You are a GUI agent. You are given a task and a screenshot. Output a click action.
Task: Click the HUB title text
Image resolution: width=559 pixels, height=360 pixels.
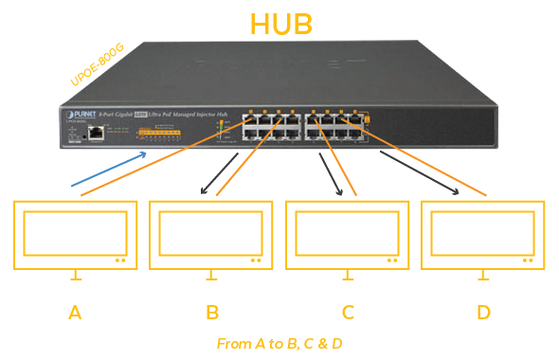281,23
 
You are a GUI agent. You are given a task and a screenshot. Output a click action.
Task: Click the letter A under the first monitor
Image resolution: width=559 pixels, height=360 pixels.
75,312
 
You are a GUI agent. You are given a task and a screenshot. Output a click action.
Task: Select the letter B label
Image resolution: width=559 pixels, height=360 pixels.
212,312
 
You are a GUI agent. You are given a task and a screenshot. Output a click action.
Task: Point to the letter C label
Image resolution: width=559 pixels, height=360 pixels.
348,312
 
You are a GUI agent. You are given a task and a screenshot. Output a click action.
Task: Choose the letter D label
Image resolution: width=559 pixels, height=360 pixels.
484,312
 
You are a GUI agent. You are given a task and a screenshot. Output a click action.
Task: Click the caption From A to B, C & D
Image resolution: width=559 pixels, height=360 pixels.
279,343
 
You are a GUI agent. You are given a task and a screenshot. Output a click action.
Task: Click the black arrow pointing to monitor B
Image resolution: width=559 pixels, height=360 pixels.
220,174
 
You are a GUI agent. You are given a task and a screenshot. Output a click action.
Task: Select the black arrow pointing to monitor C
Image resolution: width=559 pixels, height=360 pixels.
331,174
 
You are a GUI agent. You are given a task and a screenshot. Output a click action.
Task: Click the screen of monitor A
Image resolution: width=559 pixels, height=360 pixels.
75,232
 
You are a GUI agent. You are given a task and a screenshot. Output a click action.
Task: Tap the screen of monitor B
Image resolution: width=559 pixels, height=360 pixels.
211,232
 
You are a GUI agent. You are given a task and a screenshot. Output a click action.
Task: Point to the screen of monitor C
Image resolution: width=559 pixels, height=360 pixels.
348,232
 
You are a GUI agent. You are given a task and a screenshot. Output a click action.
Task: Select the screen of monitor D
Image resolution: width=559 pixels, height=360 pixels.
484,232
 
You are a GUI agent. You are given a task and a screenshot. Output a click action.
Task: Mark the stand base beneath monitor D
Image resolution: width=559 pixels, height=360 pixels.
484,279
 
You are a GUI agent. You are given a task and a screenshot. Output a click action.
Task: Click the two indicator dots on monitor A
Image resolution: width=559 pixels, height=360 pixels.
119,260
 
